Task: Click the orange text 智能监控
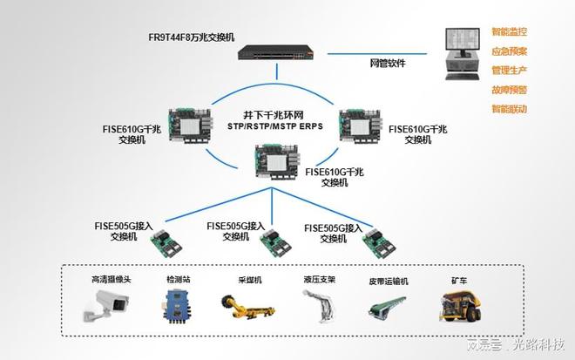coord(509,31)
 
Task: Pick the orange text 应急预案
coord(509,51)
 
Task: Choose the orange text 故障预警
coord(509,89)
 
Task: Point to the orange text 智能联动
coord(509,109)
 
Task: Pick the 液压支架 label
coord(320,280)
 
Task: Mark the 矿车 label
coord(459,281)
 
